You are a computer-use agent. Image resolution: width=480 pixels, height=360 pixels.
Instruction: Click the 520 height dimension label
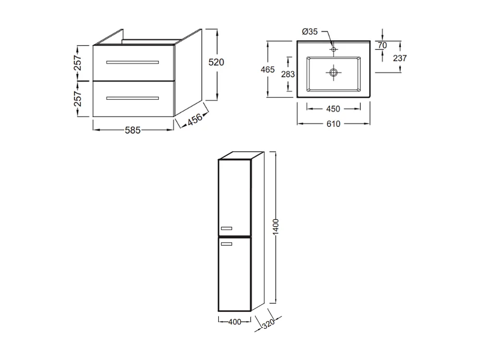pyautogui.click(x=217, y=62)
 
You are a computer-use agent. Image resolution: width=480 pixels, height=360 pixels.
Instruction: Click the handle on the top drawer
pyautogui.click(x=132, y=62)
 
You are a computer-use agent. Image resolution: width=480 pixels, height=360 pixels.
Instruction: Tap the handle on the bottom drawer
pyautogui.click(x=132, y=98)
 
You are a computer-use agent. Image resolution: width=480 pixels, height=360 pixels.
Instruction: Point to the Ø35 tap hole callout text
pyautogui.click(x=310, y=32)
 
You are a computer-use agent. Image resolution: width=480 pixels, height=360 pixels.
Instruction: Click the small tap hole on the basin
pyautogui.click(x=334, y=49)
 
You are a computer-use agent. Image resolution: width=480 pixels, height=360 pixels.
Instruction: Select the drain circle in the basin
pyautogui.click(x=334, y=73)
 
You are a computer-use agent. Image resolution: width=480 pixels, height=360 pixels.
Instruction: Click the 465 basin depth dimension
pyautogui.click(x=267, y=70)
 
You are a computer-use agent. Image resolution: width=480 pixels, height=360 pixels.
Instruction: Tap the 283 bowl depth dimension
pyautogui.click(x=288, y=74)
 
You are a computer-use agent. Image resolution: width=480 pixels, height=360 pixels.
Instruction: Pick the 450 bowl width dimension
pyautogui.click(x=333, y=108)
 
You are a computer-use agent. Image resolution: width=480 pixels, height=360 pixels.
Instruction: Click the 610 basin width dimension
pyautogui.click(x=333, y=124)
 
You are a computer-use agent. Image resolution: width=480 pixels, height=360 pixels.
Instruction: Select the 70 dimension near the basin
pyautogui.click(x=382, y=46)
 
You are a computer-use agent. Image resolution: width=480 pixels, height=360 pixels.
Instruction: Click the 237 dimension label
pyautogui.click(x=399, y=58)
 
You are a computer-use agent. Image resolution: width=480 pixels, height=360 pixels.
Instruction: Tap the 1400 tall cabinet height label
pyautogui.click(x=276, y=228)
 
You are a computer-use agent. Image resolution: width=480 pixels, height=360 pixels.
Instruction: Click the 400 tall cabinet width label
pyautogui.click(x=234, y=322)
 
